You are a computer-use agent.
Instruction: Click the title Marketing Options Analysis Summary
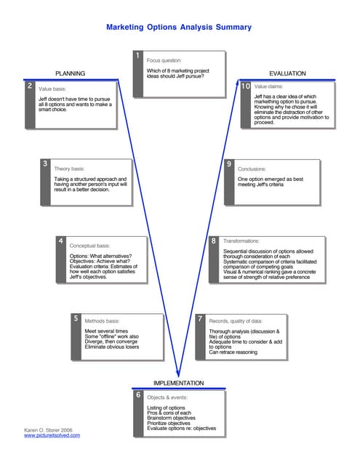coord(179,28)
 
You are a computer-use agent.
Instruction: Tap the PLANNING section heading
coord(71,73)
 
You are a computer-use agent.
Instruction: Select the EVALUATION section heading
coord(287,73)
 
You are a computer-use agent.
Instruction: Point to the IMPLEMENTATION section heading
coord(178,383)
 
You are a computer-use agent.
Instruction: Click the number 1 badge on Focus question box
coord(137,57)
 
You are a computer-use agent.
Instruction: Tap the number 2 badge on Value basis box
coord(28,86)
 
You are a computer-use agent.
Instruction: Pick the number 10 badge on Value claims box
coord(246,86)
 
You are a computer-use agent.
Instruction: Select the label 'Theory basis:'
coord(70,169)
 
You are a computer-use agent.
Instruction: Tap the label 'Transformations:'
coord(241,240)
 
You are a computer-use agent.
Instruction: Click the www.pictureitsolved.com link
coord(52,435)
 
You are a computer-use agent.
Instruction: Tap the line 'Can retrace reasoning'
coord(233,352)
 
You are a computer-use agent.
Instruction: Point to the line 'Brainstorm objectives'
coord(171,418)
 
